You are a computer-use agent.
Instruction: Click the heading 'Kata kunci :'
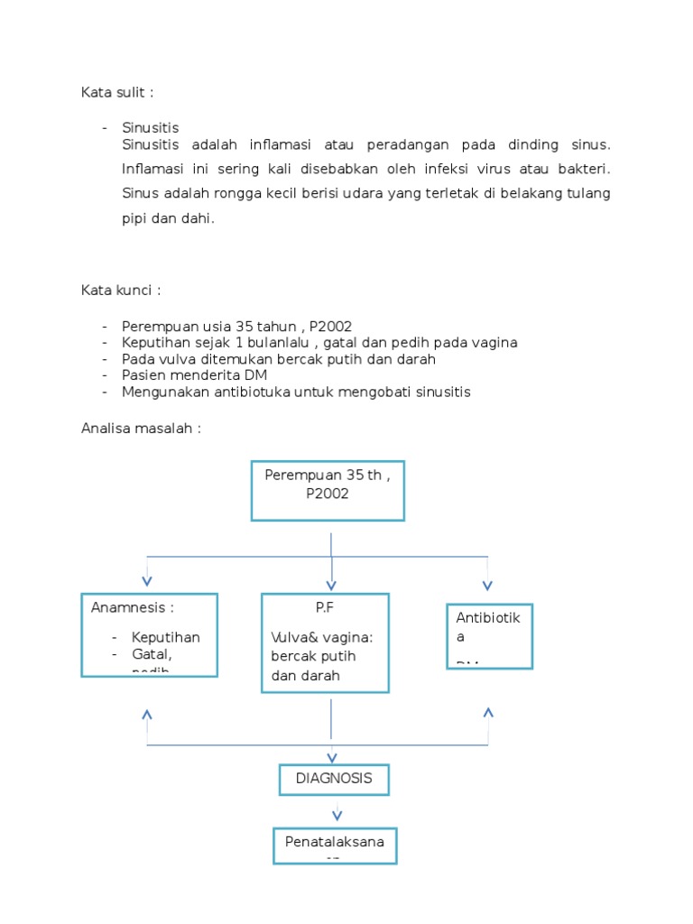pos(121,291)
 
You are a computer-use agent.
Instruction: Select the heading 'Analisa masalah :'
pos(140,429)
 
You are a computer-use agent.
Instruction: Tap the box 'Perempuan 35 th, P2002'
pos(328,490)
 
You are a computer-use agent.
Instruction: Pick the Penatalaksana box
pos(335,845)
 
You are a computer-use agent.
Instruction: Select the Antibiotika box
pos(489,636)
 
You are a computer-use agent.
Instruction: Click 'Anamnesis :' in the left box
pos(132,607)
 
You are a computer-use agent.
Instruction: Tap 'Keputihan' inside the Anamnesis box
pos(165,637)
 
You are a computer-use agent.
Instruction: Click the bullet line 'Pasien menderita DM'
pos(194,374)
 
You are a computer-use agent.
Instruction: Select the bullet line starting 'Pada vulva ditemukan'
pos(279,359)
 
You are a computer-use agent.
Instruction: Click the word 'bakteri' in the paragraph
pos(582,169)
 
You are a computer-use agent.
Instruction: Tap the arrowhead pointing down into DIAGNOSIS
pos(332,759)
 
